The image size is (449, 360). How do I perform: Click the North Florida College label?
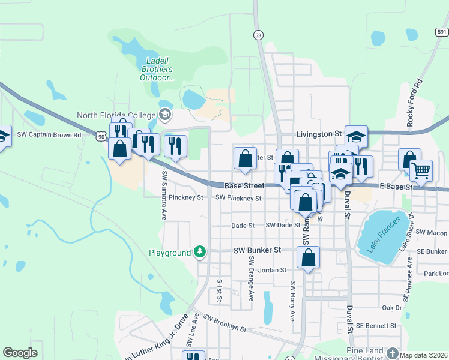(116, 115)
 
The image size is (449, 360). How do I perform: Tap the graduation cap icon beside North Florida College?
(165, 115)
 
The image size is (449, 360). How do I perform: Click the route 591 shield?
(441, 32)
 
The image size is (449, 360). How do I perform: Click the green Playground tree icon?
(200, 253)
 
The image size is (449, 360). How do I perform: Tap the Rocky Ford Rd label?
(414, 101)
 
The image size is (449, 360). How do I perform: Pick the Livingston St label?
(319, 134)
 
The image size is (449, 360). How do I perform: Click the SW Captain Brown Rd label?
(49, 135)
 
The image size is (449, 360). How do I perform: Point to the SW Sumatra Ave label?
(163, 194)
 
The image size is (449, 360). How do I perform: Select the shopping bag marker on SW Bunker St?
(308, 258)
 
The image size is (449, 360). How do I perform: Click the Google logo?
(20, 352)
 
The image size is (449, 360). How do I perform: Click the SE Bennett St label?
(376, 325)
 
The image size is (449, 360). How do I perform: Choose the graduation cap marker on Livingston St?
(356, 136)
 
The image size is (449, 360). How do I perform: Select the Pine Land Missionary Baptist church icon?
(393, 352)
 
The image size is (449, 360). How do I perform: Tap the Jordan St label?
(272, 270)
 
